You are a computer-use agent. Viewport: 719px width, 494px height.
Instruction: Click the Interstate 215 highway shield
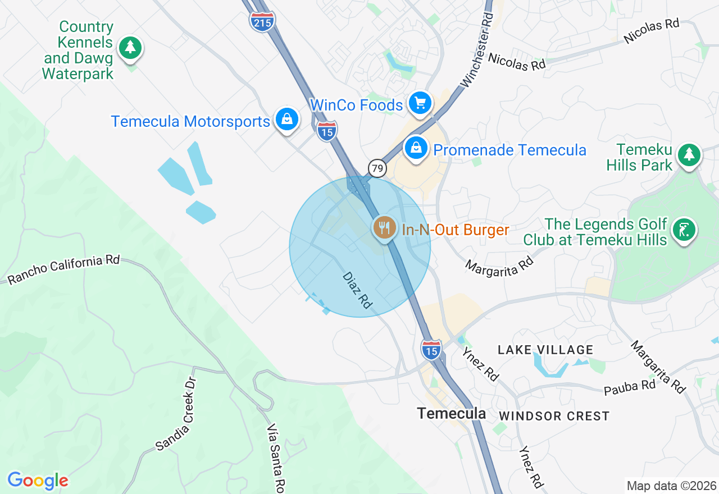coord(262,21)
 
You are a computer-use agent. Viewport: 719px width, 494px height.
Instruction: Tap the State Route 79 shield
coord(377,168)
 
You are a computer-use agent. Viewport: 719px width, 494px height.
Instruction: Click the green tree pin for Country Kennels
coord(130,47)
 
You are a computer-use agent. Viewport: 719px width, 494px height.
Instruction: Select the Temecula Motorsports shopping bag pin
coord(287,120)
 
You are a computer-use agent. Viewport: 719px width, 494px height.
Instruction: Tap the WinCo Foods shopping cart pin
coord(420,103)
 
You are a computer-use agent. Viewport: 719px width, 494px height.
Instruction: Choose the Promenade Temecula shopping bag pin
coord(416,149)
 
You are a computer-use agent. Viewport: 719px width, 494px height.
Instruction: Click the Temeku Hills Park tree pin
coord(689,154)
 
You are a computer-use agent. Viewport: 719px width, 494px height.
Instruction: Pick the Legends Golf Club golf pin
coord(685,230)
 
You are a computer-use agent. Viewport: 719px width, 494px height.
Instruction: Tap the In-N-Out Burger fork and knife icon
coord(384,227)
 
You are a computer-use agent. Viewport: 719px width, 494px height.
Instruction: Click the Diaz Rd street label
coord(357,290)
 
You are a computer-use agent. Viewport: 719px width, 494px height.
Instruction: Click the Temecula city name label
coord(452,414)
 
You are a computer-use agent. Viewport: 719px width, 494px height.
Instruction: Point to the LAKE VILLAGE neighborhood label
coord(545,350)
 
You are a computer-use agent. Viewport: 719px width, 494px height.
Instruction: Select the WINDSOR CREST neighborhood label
coord(554,416)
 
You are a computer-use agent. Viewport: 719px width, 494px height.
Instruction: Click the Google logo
coord(38,481)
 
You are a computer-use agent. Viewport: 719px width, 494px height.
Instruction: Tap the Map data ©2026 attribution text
coord(671,486)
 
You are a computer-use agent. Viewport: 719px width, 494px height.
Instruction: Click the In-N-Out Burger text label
coord(456,230)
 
